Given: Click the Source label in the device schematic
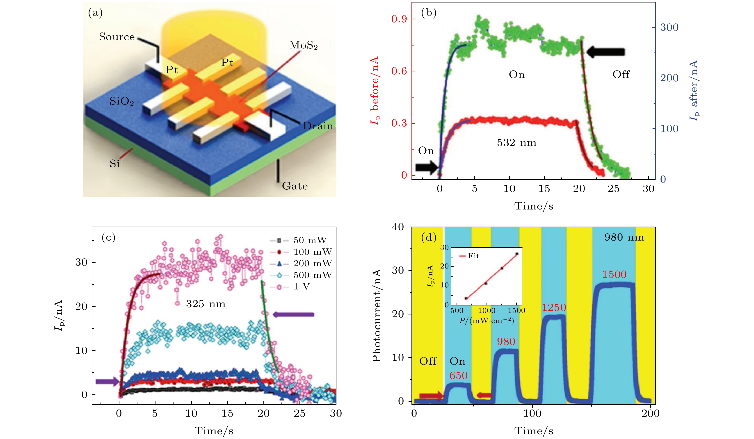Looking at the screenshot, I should (x=117, y=37).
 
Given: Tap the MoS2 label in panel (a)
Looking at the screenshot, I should (x=303, y=45).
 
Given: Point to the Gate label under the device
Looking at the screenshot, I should (x=295, y=186).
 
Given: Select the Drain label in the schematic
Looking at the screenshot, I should (x=318, y=126).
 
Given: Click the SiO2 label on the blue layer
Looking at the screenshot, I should (x=121, y=101).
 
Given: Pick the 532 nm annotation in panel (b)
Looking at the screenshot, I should (x=516, y=143).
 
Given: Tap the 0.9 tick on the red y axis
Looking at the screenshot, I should (x=399, y=19).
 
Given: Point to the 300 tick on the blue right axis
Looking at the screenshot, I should (x=669, y=27).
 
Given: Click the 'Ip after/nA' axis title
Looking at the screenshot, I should (x=694, y=90).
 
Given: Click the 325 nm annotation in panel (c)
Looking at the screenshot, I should (x=206, y=304).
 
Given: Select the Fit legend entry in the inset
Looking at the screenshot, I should (x=473, y=256).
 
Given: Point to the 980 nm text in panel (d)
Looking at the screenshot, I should (x=624, y=237).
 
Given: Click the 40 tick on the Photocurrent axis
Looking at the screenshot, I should (x=398, y=227).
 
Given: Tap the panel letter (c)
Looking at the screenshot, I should (x=108, y=237).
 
